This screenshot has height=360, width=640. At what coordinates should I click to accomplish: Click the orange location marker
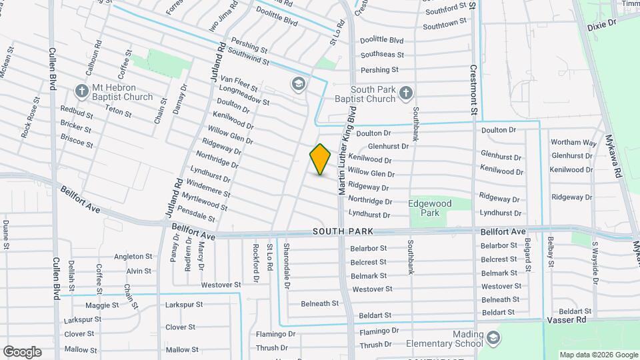[321, 159]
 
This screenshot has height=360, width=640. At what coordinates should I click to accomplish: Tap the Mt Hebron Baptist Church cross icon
[82, 90]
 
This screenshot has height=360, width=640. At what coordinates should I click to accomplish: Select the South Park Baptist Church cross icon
[407, 94]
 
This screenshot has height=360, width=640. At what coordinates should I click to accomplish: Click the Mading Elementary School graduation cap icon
[493, 338]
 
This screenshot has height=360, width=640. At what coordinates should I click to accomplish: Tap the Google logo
[22, 352]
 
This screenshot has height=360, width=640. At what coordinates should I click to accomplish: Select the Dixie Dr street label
[602, 22]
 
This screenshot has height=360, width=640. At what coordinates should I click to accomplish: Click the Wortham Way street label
[573, 143]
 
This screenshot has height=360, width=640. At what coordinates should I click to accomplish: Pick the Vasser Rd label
[571, 321]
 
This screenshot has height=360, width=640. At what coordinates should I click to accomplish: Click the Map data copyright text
[597, 354]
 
